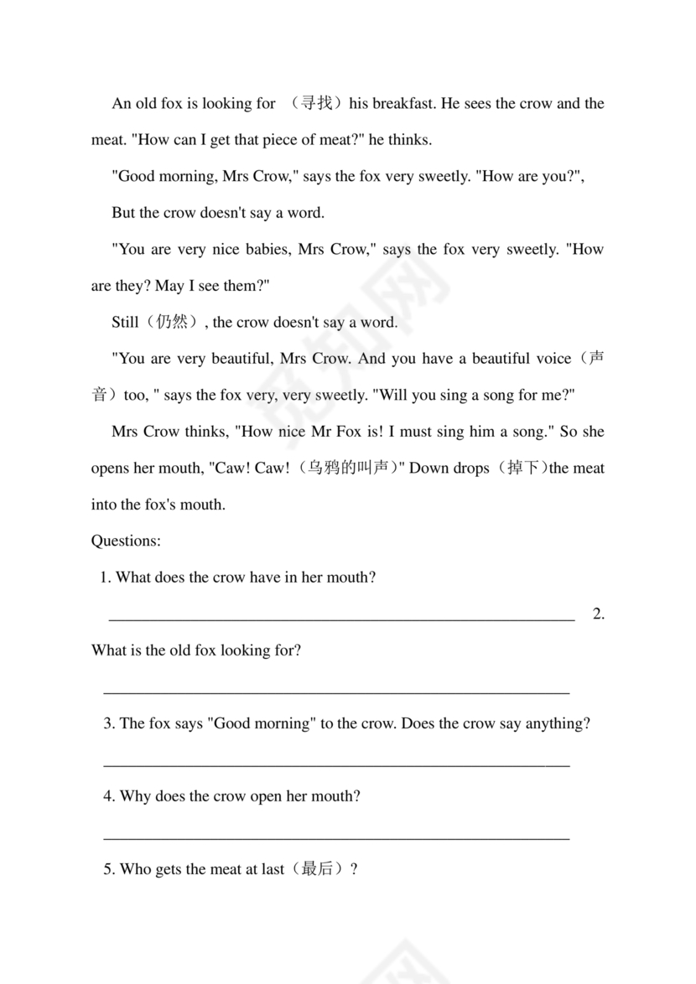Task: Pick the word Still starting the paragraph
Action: [126, 322]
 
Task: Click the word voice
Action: [553, 359]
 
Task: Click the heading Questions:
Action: [126, 541]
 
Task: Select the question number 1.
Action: [106, 577]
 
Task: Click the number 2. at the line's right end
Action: [598, 614]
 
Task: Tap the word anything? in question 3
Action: [558, 723]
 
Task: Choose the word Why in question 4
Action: [136, 796]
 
